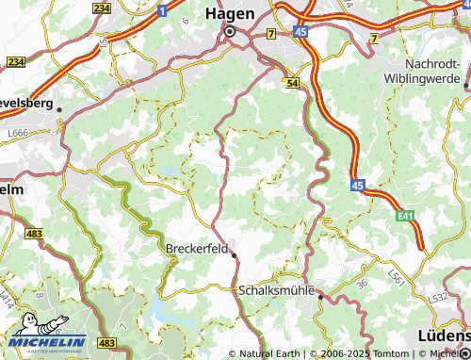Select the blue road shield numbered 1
162,11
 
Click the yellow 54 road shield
293,84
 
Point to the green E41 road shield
405,217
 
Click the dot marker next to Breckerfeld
234,254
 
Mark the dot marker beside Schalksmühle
320,297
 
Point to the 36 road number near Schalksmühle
361,282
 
